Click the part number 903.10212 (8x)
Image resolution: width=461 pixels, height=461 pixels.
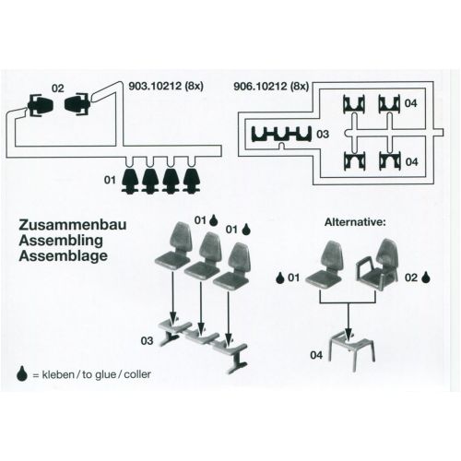point(166,86)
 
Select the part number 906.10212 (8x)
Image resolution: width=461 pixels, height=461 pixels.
point(271,86)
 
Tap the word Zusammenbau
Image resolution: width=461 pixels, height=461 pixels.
point(73,225)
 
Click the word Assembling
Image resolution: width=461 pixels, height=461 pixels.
point(61,241)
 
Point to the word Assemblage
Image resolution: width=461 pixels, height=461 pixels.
point(64,255)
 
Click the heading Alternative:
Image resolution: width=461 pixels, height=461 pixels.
point(355,222)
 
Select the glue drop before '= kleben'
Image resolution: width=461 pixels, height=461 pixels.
point(22,373)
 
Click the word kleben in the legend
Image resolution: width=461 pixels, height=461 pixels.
point(58,374)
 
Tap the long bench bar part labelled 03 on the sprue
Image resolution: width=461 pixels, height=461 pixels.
point(281,134)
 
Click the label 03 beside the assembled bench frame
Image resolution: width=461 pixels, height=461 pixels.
point(147,340)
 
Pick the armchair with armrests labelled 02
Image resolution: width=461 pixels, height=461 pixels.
point(378,265)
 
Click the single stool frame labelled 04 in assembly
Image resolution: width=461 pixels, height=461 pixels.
point(352,348)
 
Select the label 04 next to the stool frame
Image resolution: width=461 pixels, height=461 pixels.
point(316,355)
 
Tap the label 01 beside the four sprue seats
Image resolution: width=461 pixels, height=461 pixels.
point(110,180)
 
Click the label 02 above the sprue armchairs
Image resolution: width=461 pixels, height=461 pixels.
point(58,89)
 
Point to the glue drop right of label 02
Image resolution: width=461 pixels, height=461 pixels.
point(426,277)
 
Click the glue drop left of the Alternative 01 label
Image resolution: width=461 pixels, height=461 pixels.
point(279,278)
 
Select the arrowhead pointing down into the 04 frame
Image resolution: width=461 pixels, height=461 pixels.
point(349,333)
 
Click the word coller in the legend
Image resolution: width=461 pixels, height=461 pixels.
point(137,374)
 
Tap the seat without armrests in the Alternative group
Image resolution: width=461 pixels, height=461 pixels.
point(325,265)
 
